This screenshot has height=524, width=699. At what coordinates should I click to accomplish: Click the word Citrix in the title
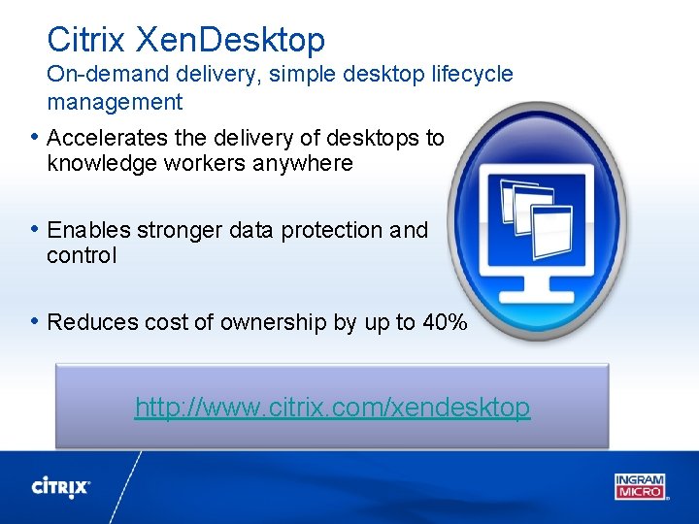[x=86, y=40]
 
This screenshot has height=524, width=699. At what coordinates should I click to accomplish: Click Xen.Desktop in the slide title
[x=230, y=40]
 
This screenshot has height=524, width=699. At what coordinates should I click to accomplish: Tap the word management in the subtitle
[x=115, y=101]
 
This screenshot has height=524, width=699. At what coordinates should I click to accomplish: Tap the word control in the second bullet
[x=82, y=255]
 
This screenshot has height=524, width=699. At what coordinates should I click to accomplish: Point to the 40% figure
[x=445, y=322]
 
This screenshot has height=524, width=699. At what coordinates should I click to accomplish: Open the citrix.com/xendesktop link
[x=332, y=407]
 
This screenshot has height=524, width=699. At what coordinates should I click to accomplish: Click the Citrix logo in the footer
[x=61, y=486]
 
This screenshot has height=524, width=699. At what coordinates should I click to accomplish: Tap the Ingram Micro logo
[x=640, y=485]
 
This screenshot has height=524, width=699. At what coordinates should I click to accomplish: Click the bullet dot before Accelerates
[x=35, y=137]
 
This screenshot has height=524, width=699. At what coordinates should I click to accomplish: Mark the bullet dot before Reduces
[x=35, y=321]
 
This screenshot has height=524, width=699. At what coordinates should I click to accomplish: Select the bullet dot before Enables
[x=35, y=229]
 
